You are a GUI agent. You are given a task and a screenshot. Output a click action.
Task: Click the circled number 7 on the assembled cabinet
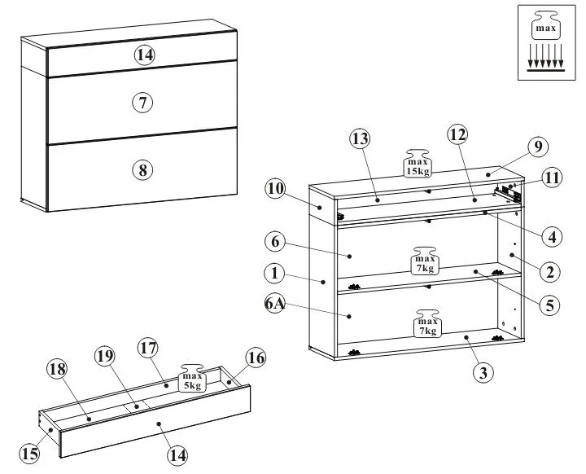click(142, 103)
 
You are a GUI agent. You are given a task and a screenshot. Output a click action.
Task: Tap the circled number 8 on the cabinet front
click(142, 169)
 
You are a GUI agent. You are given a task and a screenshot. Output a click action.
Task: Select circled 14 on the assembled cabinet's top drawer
click(144, 55)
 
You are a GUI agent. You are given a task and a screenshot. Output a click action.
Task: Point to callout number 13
click(361, 139)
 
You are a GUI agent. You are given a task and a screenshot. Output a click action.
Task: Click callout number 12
click(457, 134)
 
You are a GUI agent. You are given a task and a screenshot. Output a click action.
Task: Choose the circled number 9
click(536, 147)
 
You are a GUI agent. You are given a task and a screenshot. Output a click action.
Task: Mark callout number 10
click(275, 189)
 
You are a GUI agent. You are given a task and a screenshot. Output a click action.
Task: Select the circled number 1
click(275, 272)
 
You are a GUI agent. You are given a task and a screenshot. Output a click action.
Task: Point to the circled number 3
click(483, 373)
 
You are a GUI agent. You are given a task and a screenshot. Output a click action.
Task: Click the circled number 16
click(256, 357)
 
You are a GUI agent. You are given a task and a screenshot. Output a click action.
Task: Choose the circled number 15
click(29, 453)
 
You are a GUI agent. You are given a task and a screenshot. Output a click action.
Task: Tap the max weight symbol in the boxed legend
click(544, 29)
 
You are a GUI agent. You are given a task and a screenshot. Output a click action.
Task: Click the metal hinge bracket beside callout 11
click(509, 193)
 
